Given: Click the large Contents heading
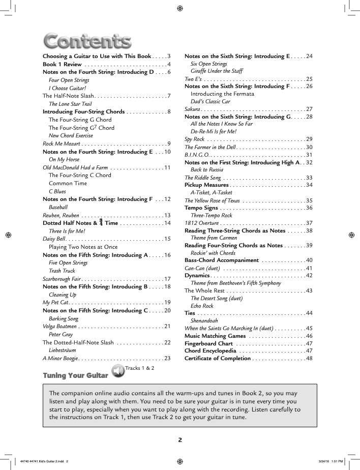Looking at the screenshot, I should click(x=87, y=40).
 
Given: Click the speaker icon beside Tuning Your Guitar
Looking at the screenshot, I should click(x=117, y=371).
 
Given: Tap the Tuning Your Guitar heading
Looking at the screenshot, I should click(x=75, y=375).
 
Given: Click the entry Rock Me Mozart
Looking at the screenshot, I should click(x=62, y=143).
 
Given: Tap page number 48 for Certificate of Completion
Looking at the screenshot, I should click(x=309, y=358).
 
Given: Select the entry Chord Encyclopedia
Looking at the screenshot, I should click(x=211, y=350).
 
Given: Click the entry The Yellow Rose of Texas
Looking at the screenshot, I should click(x=212, y=200).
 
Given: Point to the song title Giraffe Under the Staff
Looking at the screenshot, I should click(x=217, y=71).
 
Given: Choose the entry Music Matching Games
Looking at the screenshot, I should click(x=215, y=336).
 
